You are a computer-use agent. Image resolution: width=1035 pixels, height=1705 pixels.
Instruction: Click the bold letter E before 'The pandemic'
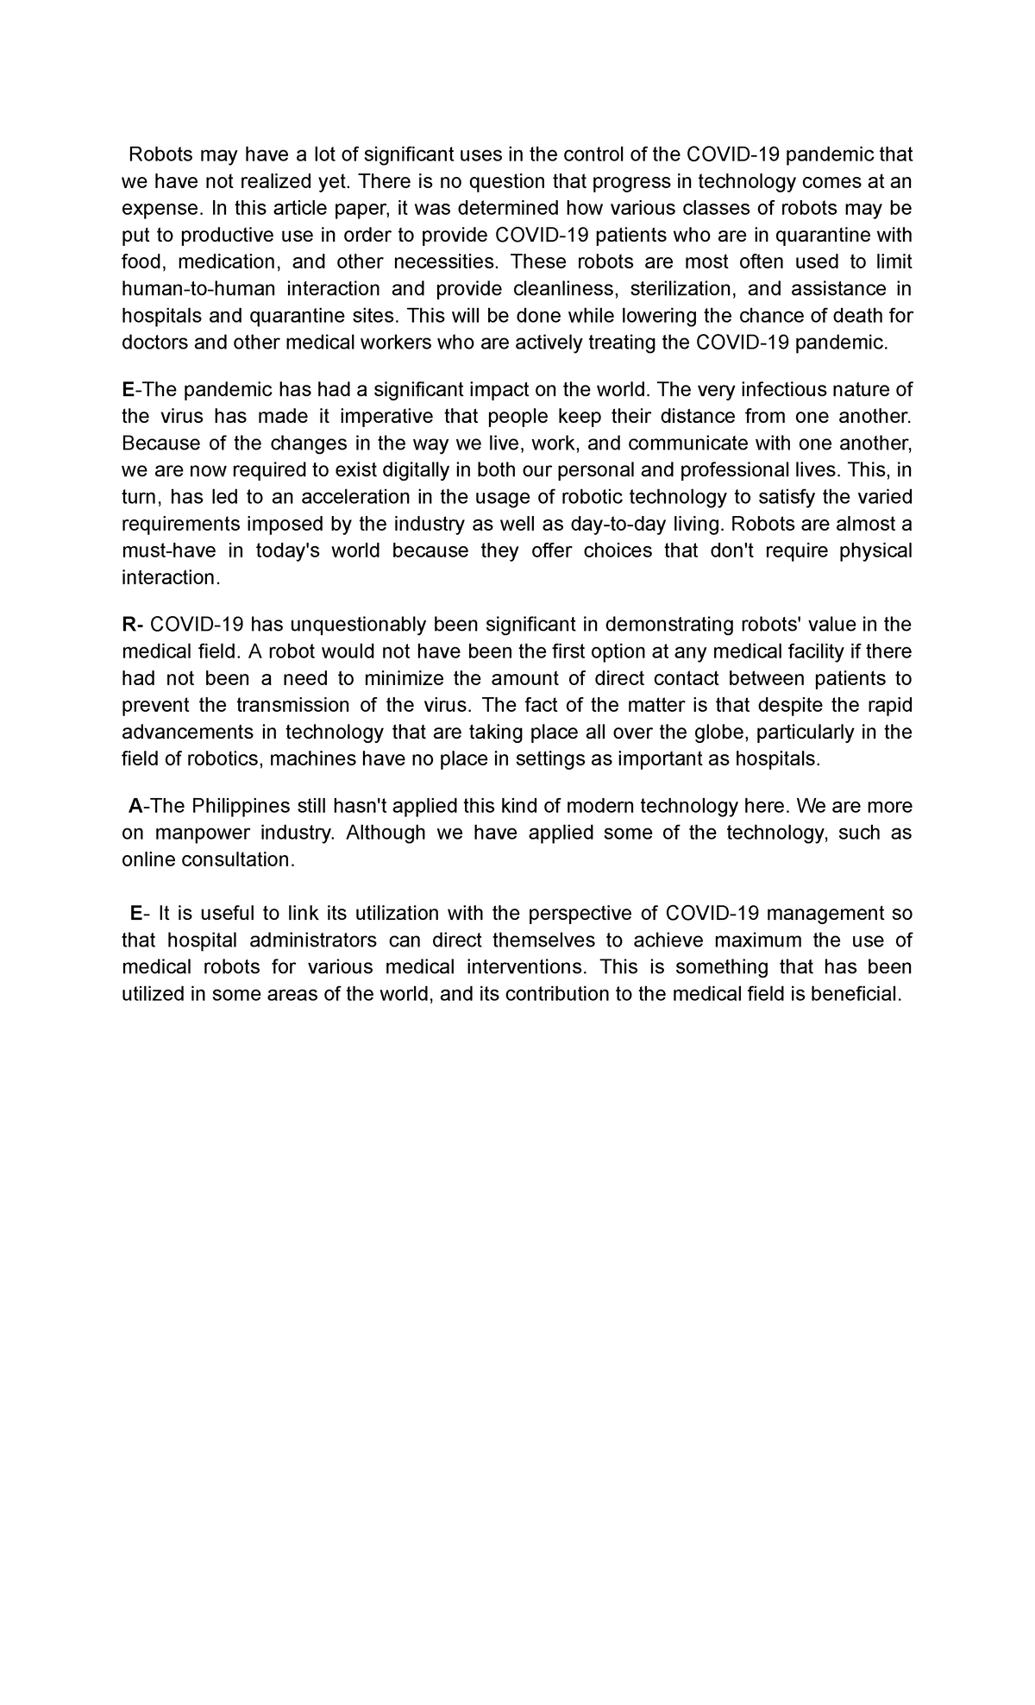pos(128,389)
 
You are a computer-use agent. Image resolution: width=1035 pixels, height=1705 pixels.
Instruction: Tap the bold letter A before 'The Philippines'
pos(135,805)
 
